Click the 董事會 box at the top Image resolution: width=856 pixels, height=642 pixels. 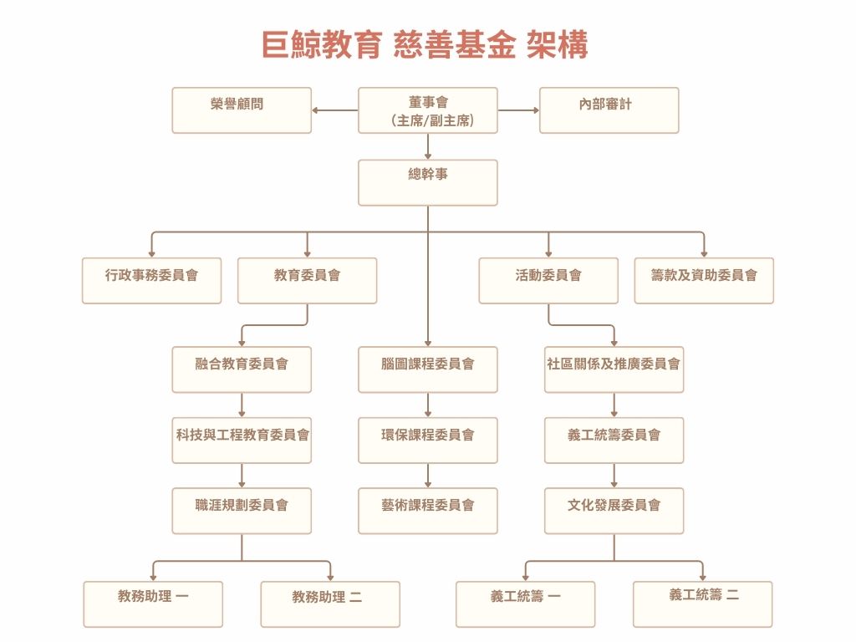click(428, 110)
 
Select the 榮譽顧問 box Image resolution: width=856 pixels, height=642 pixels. click(242, 110)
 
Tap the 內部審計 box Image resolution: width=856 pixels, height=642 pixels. click(609, 110)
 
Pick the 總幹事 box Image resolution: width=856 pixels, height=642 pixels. click(428, 182)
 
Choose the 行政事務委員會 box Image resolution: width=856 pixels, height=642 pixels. click(152, 280)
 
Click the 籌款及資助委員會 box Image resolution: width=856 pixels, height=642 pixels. click(704, 280)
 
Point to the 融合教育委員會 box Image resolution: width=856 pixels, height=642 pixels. click(242, 369)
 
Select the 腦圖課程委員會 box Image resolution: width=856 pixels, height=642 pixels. click(428, 369)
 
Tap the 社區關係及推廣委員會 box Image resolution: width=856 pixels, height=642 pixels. click(614, 369)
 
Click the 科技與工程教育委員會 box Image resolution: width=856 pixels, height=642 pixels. click(242, 441)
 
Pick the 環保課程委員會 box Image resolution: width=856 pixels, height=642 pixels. click(428, 441)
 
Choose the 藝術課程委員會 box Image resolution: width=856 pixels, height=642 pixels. click(428, 511)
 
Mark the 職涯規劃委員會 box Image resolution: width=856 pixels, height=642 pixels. click(242, 511)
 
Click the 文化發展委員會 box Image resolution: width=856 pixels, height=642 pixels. click(614, 511)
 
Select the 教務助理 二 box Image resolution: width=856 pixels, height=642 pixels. click(330, 604)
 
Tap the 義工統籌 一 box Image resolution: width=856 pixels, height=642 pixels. click(525, 604)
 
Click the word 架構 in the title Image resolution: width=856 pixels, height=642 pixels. click(558, 45)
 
